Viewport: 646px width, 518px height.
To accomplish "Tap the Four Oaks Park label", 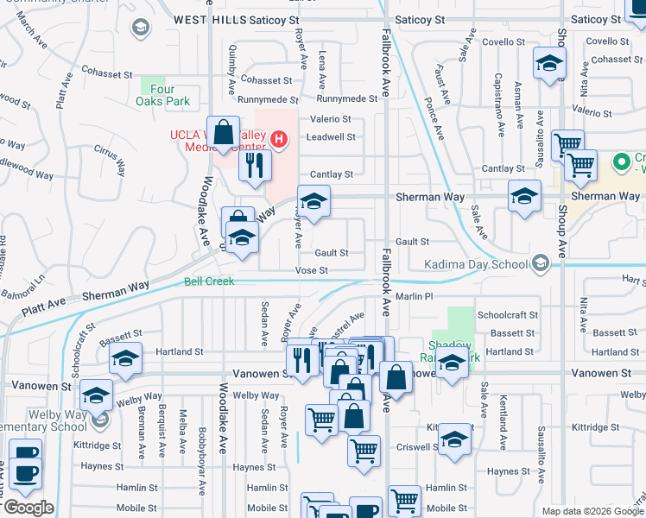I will [x=161, y=95].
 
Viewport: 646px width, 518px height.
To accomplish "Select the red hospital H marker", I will [x=278, y=138].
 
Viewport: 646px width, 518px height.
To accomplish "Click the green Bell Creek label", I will [x=209, y=281].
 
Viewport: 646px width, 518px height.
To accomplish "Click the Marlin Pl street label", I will [x=414, y=296].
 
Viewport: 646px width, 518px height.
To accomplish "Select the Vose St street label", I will [x=312, y=270].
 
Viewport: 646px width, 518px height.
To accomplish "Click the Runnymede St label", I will [x=345, y=98].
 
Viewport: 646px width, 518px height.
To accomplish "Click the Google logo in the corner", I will [x=28, y=508].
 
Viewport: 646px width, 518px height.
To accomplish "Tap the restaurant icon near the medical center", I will [x=255, y=166].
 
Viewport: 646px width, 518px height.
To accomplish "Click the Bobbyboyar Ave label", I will [x=200, y=449].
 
